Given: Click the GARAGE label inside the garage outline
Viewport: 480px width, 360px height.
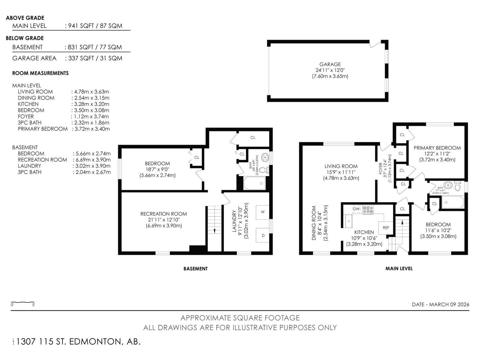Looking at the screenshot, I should pyautogui.click(x=330, y=64).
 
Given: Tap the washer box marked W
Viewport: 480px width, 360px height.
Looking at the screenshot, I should pyautogui.click(x=262, y=212).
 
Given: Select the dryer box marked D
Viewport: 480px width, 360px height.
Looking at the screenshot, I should pyautogui.click(x=262, y=235).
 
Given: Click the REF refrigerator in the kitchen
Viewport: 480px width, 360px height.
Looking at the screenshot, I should pyautogui.click(x=385, y=228).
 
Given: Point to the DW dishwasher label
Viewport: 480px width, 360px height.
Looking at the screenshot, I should pyautogui.click(x=356, y=209).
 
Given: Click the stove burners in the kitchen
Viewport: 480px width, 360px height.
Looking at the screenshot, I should pyautogui.click(x=368, y=209).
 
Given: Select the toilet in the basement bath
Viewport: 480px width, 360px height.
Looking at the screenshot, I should pyautogui.click(x=263, y=170).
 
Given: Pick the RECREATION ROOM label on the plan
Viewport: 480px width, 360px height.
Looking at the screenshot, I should pyautogui.click(x=163, y=214).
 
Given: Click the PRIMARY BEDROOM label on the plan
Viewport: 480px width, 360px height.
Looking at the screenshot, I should pyautogui.click(x=437, y=148).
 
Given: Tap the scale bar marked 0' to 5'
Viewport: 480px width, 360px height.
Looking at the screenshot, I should pyautogui.click(x=23, y=303).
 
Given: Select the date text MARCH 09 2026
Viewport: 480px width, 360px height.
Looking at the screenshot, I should pyautogui.click(x=449, y=304).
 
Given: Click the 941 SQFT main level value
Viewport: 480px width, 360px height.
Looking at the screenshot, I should pyautogui.click(x=81, y=26).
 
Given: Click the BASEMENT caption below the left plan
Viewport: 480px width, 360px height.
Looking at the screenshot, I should pyautogui.click(x=196, y=269).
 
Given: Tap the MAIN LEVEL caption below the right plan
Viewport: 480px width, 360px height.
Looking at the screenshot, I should pyautogui.click(x=399, y=268).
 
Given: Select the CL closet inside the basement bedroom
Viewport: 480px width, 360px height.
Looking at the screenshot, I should pyautogui.click(x=196, y=157).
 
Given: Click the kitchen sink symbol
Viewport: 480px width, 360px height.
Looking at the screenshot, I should pyautogui.click(x=349, y=221).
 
